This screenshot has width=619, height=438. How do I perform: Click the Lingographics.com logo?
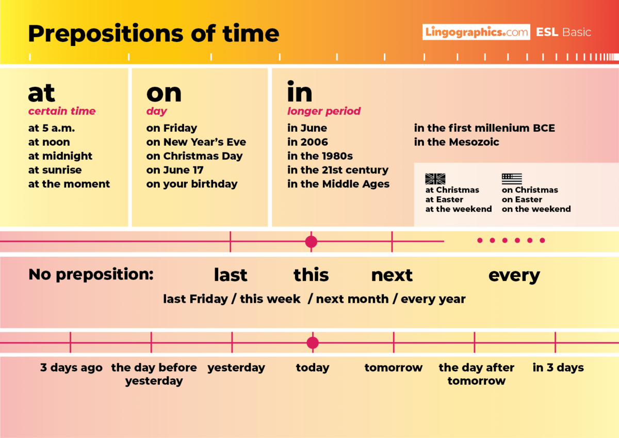[476, 32]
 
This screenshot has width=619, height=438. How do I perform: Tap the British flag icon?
[435, 179]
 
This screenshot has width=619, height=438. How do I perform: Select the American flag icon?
[512, 179]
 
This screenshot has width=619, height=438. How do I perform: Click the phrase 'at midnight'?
[60, 156]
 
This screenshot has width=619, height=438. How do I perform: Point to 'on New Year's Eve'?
[196, 142]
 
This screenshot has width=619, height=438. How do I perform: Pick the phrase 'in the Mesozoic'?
[457, 142]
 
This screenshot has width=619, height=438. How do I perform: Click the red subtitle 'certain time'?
[62, 111]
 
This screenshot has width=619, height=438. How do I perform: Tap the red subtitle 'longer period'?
[324, 111]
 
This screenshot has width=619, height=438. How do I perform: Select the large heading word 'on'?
[164, 93]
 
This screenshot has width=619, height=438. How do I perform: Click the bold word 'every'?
[514, 275]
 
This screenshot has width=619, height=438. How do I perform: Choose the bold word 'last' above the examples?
[231, 275]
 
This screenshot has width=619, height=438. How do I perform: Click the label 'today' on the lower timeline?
[313, 368]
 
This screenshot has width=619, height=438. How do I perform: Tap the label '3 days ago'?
[71, 368]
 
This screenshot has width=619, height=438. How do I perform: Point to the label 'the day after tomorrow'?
[477, 374]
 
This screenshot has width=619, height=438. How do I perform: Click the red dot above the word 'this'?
[311, 241]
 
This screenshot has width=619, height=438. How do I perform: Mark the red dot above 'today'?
[313, 342]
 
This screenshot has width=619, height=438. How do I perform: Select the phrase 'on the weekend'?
[536, 209]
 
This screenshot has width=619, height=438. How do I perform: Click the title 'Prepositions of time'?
[153, 34]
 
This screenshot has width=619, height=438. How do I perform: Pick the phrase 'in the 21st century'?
[338, 170]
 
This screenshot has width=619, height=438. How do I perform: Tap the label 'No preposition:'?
[91, 274]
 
